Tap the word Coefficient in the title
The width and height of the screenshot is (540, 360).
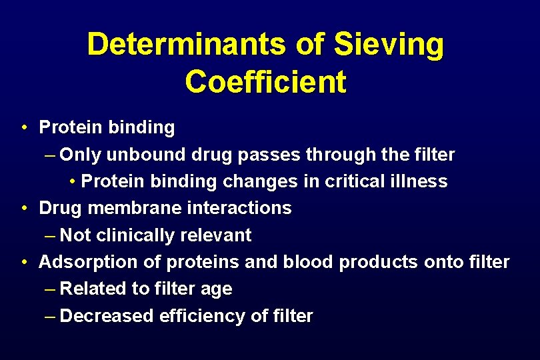265,82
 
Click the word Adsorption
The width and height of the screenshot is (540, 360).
89,261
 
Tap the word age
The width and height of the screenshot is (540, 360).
217,289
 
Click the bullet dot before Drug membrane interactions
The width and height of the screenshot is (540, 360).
24,208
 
